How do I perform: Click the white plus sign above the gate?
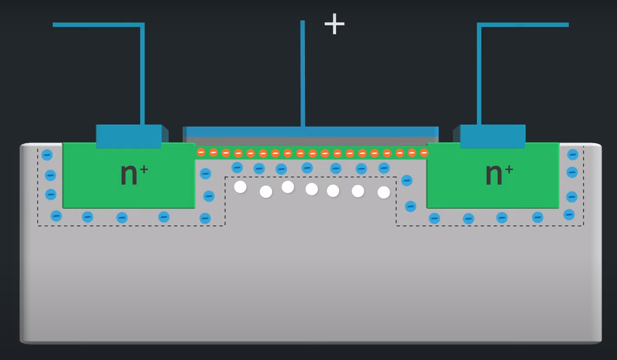click(334, 24)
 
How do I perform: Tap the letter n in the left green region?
click(129, 174)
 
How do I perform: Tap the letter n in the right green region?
click(494, 174)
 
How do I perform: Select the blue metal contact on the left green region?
click(129, 136)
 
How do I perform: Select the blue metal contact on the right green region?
click(493, 136)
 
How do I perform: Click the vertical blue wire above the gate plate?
click(303, 73)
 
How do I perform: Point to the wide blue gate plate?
click(311, 131)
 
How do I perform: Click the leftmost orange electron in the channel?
click(201, 152)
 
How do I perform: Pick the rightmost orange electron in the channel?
click(424, 153)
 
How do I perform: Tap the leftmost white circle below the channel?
click(240, 186)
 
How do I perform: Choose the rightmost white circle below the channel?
click(384, 192)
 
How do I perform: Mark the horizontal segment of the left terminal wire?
click(98, 25)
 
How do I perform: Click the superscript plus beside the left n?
click(144, 169)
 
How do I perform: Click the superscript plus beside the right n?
click(509, 169)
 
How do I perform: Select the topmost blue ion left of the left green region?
click(47, 155)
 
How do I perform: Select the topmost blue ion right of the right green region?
click(572, 155)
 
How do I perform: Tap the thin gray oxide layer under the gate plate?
click(311, 141)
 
